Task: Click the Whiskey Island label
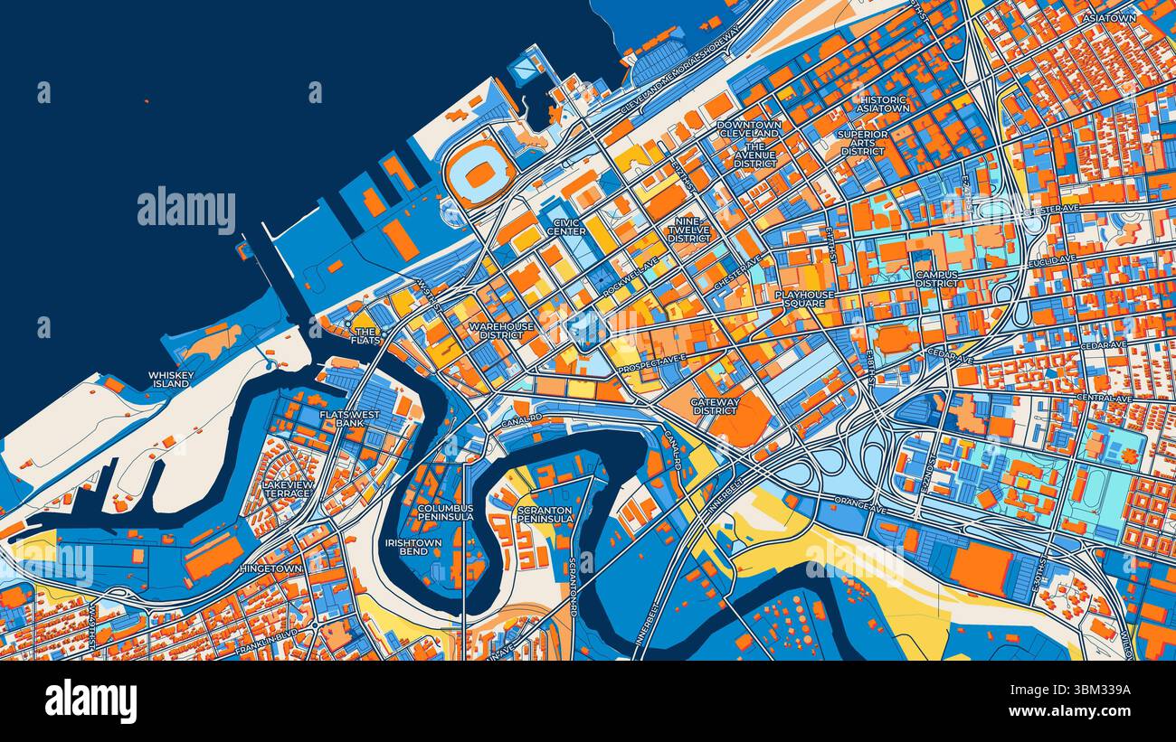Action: click(x=170, y=379)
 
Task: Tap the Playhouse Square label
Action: click(x=804, y=299)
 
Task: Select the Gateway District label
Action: click(x=715, y=406)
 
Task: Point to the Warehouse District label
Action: click(x=501, y=330)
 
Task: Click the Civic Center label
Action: click(x=565, y=226)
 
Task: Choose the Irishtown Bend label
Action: click(x=413, y=547)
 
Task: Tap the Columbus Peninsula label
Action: click(x=445, y=512)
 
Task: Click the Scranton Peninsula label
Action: click(x=545, y=514)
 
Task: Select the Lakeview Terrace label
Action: click(x=287, y=489)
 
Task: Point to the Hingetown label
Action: click(x=272, y=568)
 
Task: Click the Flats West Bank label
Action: click(x=350, y=418)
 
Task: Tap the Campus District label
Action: click(x=936, y=278)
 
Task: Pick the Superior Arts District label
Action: click(x=863, y=142)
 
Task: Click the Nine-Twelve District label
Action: click(x=689, y=229)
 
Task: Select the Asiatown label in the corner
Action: click(x=1110, y=18)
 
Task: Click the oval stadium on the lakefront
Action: click(x=479, y=172)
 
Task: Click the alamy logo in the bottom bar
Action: click(x=91, y=701)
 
